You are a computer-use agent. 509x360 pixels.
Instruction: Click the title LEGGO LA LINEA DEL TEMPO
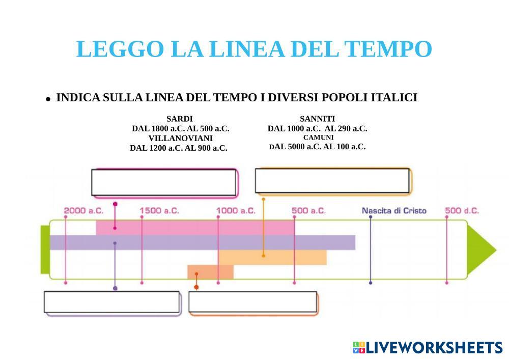[254, 49]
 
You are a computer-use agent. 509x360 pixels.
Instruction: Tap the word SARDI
[180, 119]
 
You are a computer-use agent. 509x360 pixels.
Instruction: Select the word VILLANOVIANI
[181, 138]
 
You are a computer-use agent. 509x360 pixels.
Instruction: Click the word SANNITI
[317, 119]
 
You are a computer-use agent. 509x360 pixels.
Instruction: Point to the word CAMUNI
[318, 137]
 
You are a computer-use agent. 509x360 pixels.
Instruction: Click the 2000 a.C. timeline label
[83, 210]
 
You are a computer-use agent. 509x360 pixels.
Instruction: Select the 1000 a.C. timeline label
[236, 210]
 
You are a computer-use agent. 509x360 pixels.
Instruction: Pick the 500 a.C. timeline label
[309, 210]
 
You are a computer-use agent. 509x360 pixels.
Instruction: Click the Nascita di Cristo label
[394, 210]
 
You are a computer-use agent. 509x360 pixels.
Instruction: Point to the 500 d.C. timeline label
[462, 210]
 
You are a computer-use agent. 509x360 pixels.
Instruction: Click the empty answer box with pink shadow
[164, 182]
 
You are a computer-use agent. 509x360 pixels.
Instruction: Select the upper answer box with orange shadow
[332, 181]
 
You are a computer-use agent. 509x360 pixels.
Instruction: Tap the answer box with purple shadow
[112, 302]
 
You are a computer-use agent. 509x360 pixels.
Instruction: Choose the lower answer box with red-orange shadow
[253, 302]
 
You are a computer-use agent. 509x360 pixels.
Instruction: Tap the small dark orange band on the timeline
[210, 272]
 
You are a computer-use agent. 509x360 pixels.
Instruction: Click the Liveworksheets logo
[427, 348]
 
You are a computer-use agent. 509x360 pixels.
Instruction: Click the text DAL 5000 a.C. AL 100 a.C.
[317, 147]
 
